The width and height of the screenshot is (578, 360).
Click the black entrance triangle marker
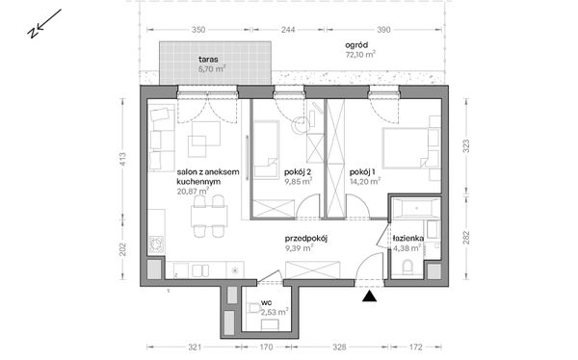[369, 296]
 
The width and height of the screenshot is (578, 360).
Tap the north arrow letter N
[33, 33]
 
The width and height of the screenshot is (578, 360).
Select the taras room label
[208, 60]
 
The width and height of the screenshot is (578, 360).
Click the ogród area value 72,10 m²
[360, 55]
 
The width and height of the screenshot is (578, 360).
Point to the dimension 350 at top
[198, 30]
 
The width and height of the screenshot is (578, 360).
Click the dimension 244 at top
[288, 30]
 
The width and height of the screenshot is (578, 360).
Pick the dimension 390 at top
[383, 30]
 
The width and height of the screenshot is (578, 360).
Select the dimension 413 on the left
[122, 159]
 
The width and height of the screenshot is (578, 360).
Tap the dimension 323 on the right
[466, 146]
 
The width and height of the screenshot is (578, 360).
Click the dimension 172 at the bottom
[415, 347]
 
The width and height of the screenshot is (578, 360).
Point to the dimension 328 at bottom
[339, 347]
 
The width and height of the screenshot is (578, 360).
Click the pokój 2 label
[299, 172]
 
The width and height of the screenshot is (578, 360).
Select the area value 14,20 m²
[365, 181]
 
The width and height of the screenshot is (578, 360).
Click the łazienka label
[408, 239]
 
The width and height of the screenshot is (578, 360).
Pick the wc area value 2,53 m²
[275, 313]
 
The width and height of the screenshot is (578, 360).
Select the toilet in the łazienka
[407, 268]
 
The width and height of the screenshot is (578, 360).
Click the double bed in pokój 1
[410, 148]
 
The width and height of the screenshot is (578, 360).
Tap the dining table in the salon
[209, 217]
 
